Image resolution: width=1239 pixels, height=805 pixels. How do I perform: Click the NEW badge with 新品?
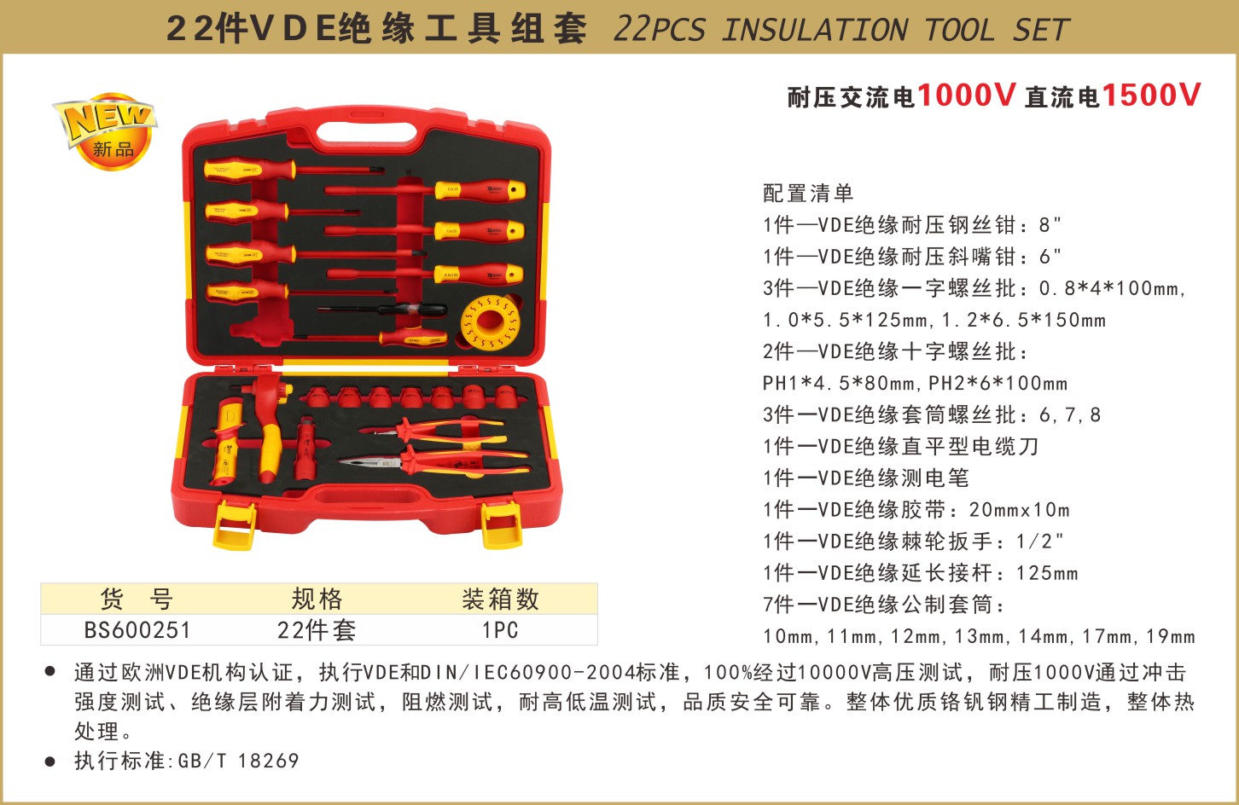(105, 131)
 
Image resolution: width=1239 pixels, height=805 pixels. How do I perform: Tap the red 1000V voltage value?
(966, 96)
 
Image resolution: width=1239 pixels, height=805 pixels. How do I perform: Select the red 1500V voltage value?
(1151, 96)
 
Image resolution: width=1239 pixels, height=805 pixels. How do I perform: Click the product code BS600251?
(137, 630)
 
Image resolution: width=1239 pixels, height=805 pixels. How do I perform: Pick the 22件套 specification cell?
(317, 630)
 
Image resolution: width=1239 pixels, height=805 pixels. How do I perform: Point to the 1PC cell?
(500, 630)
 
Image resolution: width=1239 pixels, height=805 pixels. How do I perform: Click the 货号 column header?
(137, 599)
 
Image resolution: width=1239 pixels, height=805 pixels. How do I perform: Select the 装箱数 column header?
(500, 599)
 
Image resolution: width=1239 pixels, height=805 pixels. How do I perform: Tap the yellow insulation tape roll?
(490, 322)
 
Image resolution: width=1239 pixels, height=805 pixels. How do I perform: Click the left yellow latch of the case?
(235, 525)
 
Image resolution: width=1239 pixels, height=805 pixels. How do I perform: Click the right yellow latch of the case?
(503, 525)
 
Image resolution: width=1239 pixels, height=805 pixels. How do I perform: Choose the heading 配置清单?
(808, 193)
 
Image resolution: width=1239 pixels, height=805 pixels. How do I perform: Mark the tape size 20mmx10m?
(1020, 510)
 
